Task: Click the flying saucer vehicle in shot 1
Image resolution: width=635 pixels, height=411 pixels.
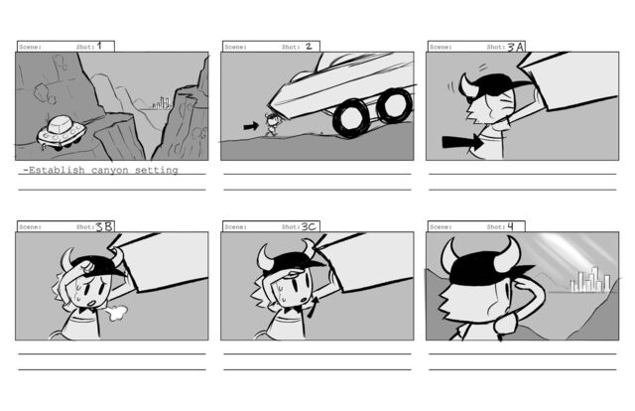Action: tap(62, 132)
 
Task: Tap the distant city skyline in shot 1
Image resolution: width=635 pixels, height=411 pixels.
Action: tap(161, 103)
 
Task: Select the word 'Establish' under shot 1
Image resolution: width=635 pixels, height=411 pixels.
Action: tap(57, 170)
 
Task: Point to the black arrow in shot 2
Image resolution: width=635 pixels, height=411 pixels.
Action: tap(251, 126)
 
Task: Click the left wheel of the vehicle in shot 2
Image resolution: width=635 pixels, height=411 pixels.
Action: tap(349, 117)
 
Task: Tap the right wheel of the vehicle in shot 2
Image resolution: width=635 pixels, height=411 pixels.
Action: tap(394, 105)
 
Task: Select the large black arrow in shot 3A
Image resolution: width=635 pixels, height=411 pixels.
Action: tap(462, 142)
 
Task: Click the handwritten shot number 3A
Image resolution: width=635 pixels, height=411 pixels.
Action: tap(516, 47)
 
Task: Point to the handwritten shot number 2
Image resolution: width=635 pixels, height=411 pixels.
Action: tap(309, 47)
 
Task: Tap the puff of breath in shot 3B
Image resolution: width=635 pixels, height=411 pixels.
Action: tap(118, 312)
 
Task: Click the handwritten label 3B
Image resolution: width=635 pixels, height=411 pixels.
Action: tap(104, 226)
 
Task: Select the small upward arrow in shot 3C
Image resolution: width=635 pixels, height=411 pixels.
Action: tap(313, 307)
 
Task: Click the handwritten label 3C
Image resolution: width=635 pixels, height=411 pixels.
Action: tap(309, 226)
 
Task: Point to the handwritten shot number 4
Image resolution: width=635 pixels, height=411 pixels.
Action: tap(510, 226)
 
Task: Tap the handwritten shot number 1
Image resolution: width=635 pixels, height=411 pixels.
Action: tap(99, 46)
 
